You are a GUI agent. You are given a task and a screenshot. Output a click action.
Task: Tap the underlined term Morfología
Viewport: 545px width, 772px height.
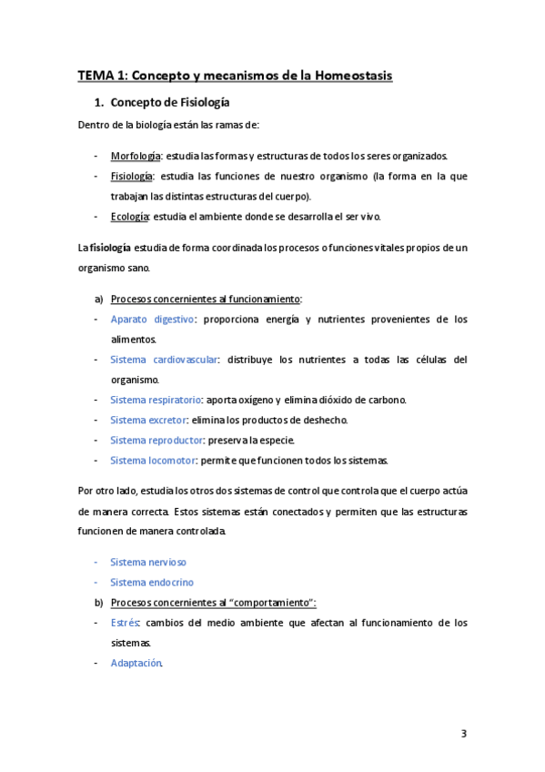pyautogui.click(x=136, y=155)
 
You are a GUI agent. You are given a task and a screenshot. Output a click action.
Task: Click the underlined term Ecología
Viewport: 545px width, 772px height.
pyautogui.click(x=130, y=217)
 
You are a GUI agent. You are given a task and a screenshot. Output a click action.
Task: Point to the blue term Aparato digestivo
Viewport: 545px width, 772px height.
pyautogui.click(x=152, y=319)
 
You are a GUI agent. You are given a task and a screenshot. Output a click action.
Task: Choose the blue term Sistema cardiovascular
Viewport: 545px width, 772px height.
pyautogui.click(x=164, y=360)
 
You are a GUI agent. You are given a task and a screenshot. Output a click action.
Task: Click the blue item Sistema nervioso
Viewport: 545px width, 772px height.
pyautogui.click(x=148, y=562)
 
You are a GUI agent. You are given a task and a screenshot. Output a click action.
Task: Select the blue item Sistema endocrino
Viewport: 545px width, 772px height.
pyautogui.click(x=151, y=582)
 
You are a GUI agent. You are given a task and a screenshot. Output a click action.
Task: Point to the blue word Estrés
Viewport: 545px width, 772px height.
pyautogui.click(x=124, y=623)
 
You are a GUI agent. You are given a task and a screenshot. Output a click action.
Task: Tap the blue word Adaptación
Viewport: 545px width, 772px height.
pyautogui.click(x=136, y=663)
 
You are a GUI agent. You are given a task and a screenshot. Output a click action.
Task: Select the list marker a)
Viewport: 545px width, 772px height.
pyautogui.click(x=98, y=299)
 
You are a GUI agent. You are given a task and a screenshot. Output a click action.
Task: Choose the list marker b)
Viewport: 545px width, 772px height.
pyautogui.click(x=98, y=603)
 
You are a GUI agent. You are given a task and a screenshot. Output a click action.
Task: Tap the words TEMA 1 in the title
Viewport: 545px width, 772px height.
pyautogui.click(x=102, y=76)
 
